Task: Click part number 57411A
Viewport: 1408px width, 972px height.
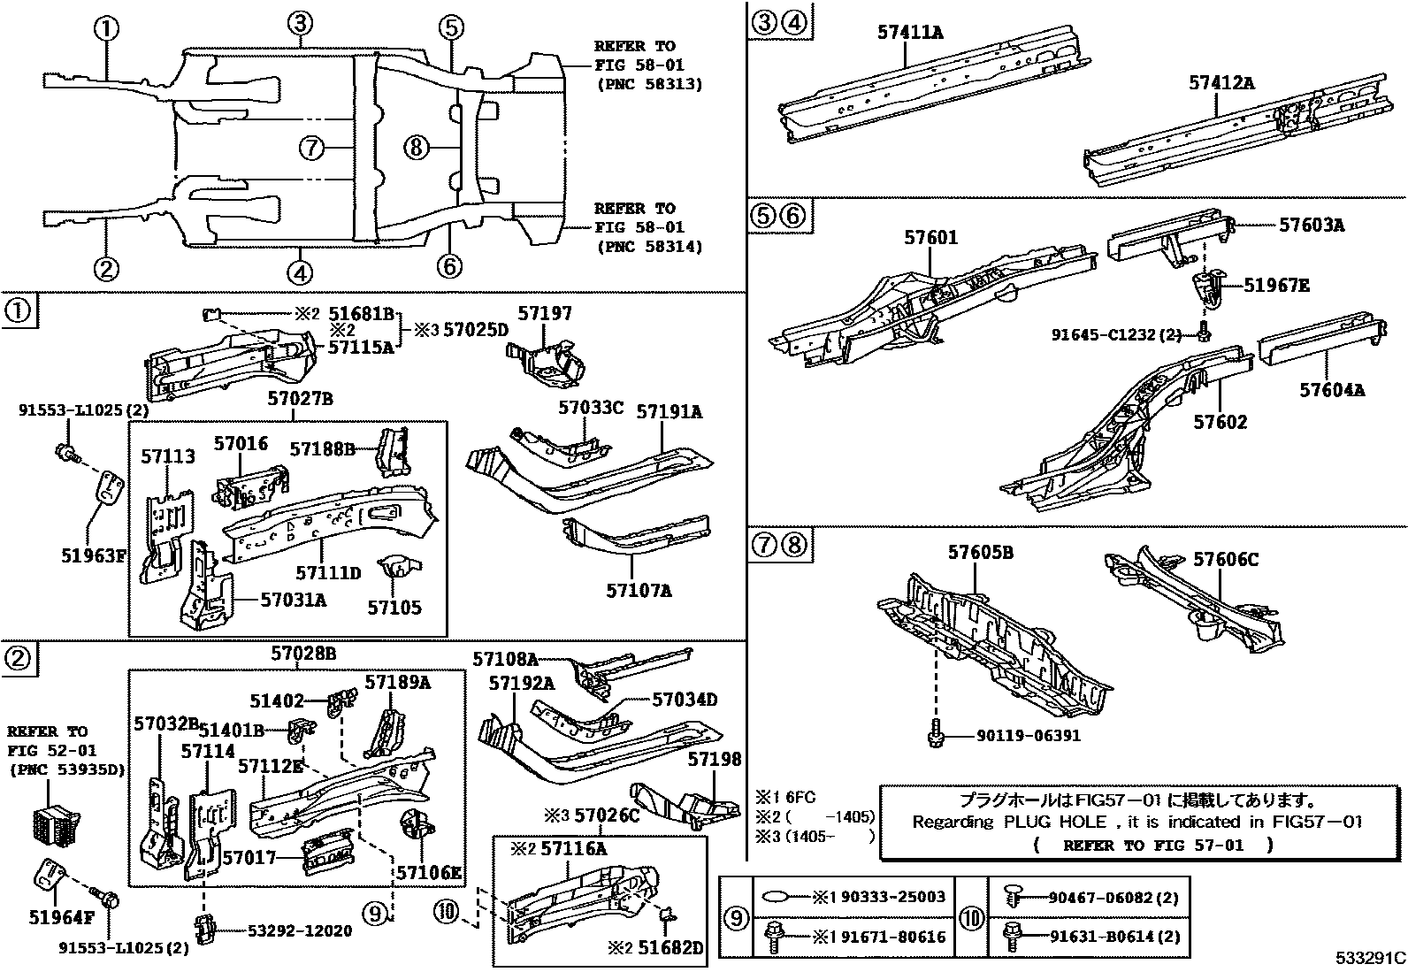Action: point(909,33)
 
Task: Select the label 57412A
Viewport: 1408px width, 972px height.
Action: point(1221,83)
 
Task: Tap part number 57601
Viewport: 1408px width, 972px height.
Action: point(930,238)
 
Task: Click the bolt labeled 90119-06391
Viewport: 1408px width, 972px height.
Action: point(937,735)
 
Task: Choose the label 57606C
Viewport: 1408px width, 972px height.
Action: point(1226,559)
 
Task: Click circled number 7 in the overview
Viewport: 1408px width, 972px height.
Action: point(312,148)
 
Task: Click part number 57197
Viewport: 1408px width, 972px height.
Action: point(545,313)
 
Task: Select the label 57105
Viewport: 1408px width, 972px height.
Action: point(394,608)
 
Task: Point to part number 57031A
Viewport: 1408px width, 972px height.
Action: point(293,600)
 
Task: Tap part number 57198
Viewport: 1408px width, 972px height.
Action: point(715,759)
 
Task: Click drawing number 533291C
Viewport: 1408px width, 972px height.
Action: point(1370,958)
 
